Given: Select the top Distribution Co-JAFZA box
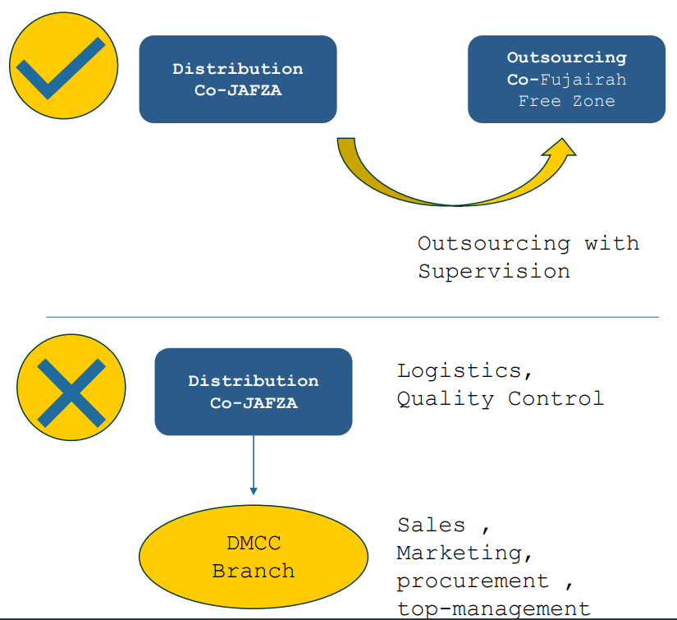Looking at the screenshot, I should (238, 80).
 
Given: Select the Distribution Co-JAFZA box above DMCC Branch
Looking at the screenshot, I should (254, 392).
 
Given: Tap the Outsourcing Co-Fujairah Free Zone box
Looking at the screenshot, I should (566, 80).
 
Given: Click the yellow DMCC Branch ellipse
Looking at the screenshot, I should (254, 556).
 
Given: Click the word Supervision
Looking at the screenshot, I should (494, 272).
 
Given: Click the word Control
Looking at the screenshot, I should (556, 399).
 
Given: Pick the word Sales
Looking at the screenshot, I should (431, 525).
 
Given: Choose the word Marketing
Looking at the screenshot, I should (459, 553).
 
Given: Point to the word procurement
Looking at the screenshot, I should (473, 581).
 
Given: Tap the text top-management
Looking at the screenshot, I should (493, 609).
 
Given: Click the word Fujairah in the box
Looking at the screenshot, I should (583, 80).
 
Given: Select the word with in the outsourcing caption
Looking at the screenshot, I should (611, 244).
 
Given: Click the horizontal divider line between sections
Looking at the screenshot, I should (353, 317).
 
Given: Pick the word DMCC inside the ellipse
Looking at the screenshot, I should (254, 543).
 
